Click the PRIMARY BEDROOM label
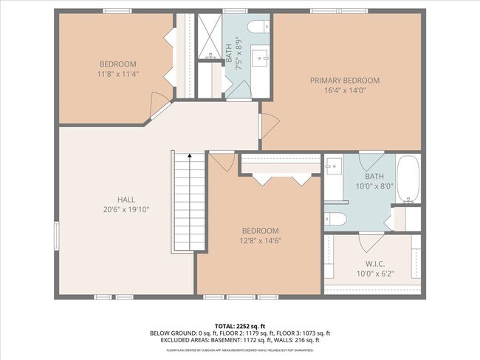click(x=344, y=81)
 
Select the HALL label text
click(x=126, y=200)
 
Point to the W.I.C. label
click(x=374, y=264)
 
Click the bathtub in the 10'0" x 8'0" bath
click(x=408, y=179)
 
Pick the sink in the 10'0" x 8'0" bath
click(x=334, y=167)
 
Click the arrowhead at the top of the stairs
click(x=190, y=156)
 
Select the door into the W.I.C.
click(x=369, y=242)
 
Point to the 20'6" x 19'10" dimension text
click(x=126, y=209)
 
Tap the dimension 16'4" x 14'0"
click(x=344, y=90)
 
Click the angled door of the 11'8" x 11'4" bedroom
click(x=157, y=108)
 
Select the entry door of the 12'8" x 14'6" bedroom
click(x=222, y=160)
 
